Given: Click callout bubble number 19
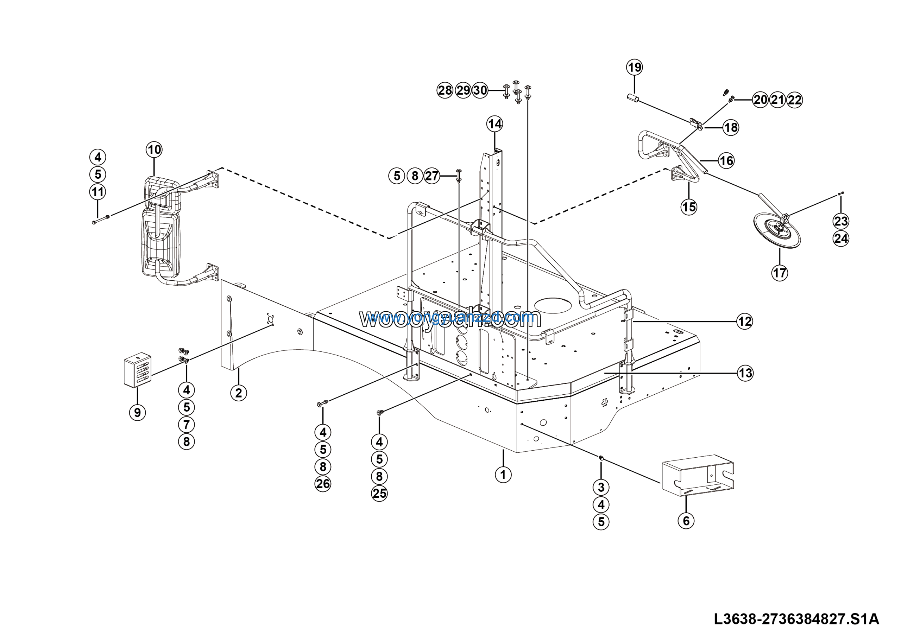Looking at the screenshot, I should pos(635,68).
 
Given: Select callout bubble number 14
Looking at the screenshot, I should pos(494,124).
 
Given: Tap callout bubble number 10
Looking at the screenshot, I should pos(154,150).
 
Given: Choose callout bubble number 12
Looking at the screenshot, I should pos(744,322).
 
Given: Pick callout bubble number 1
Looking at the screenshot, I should pos(503,475).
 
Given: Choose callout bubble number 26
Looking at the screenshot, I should pos(323,484).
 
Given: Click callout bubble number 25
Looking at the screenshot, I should pos(379,493).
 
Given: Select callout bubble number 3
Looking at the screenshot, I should pos(601,488).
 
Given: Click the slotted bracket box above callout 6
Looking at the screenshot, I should pos(698,476).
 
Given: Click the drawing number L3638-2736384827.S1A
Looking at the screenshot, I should pos(796,619).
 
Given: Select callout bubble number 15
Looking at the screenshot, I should pos(689,207).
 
